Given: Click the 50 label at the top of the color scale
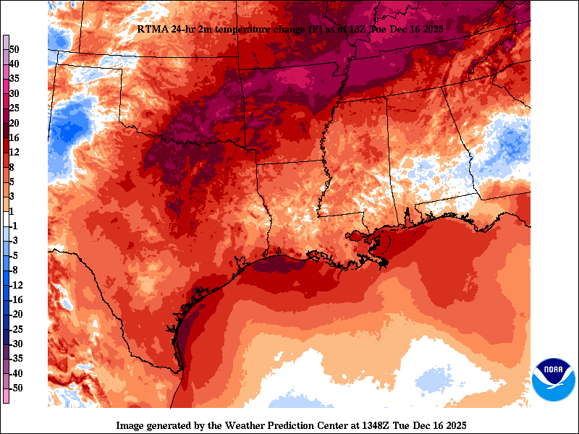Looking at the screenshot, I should tap(14, 49).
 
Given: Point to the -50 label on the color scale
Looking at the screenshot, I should tap(16, 388).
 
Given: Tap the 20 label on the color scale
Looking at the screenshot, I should tap(14, 123).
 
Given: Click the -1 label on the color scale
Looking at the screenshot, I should tap(14, 226).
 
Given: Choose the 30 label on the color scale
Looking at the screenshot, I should tap(14, 93).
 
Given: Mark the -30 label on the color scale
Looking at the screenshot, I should tap(16, 344).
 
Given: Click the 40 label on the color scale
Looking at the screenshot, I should tap(14, 64).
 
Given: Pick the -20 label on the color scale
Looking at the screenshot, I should tap(16, 314).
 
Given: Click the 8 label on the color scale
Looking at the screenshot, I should tap(12, 166).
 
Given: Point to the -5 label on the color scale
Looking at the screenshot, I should tap(14, 255).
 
